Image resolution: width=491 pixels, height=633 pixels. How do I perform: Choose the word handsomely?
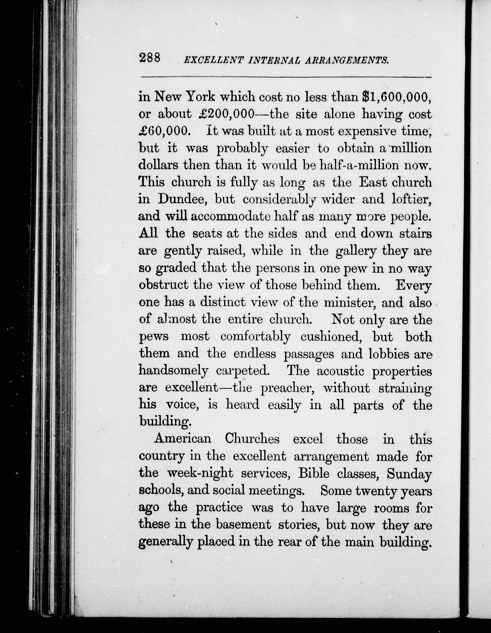[173, 371]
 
